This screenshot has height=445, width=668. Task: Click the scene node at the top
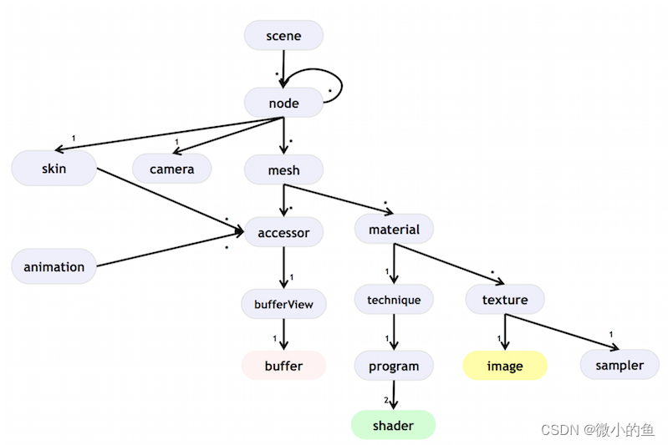pyautogui.click(x=283, y=36)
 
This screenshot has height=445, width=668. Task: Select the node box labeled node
pyautogui.click(x=283, y=104)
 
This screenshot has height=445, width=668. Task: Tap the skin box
pyautogui.click(x=54, y=169)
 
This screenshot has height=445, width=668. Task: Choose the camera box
pyautogui.click(x=171, y=169)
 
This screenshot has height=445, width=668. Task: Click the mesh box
pyautogui.click(x=283, y=170)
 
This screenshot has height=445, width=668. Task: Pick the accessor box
pyautogui.click(x=283, y=232)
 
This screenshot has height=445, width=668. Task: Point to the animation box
pyautogui.click(x=54, y=267)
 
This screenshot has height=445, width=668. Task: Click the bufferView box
pyautogui.click(x=283, y=304)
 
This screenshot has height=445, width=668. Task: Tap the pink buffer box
pyautogui.click(x=283, y=366)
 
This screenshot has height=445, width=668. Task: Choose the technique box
pyautogui.click(x=394, y=300)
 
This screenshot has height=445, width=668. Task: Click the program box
pyautogui.click(x=394, y=366)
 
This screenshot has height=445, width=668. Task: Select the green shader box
pyautogui.click(x=394, y=426)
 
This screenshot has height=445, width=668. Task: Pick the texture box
pyautogui.click(x=505, y=300)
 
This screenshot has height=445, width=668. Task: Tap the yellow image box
pyautogui.click(x=505, y=366)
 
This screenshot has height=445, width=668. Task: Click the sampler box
pyautogui.click(x=620, y=365)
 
